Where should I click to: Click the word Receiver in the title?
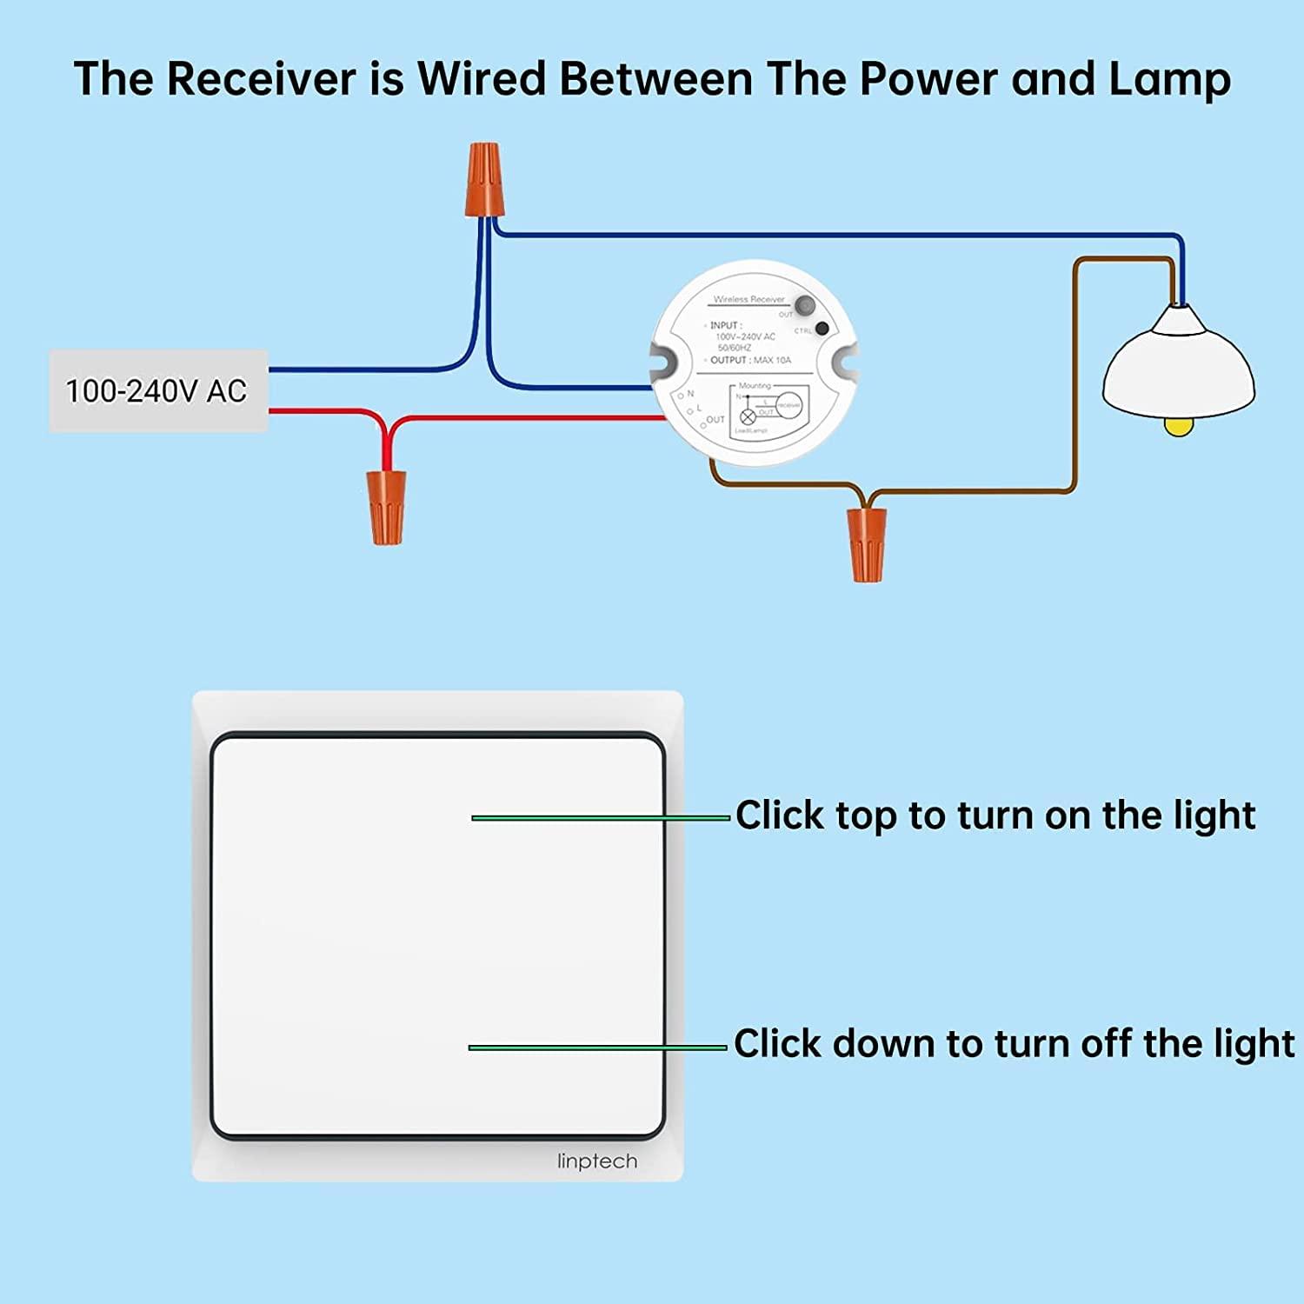coord(261,79)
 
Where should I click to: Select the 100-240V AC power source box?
coord(157,391)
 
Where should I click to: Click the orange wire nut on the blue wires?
coord(483,180)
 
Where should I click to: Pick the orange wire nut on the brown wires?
coord(866,544)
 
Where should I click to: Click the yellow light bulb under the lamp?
coord(1178,425)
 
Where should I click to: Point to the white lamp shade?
coord(1178,365)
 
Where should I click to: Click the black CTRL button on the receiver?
coord(822,329)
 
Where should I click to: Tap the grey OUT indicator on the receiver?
coord(805,306)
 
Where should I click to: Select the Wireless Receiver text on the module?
coord(748,299)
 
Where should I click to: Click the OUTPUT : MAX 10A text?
coord(750,360)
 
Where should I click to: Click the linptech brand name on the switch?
coord(597,1161)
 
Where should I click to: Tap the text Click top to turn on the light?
coord(995,815)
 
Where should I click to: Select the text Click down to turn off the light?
coord(1014,1043)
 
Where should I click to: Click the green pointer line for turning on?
coord(600,818)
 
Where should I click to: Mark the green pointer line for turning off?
coord(597,1048)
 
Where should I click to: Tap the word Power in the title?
coord(928,79)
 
